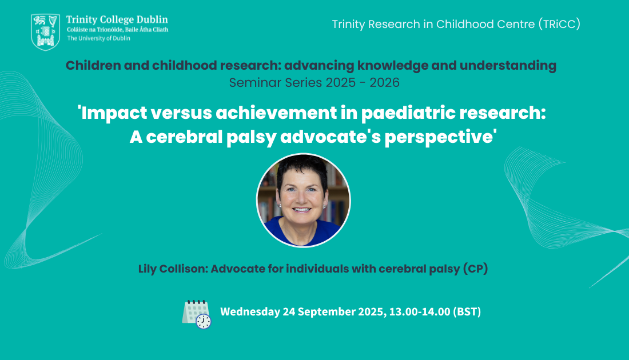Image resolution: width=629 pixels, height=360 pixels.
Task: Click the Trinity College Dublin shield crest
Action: click(45, 32)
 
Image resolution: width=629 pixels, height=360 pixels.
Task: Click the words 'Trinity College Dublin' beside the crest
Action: click(117, 19)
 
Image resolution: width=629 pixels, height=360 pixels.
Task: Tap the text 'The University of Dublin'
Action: click(99, 38)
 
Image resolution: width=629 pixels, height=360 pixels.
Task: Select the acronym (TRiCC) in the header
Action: click(559, 24)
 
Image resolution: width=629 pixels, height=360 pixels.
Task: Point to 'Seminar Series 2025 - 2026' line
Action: click(314, 83)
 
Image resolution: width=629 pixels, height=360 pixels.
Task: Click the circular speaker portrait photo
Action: click(303, 201)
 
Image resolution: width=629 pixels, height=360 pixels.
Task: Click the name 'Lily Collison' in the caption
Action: click(173, 269)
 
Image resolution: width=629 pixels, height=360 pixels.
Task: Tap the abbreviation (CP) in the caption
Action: click(475, 269)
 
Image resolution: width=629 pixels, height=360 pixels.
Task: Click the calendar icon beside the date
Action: click(197, 314)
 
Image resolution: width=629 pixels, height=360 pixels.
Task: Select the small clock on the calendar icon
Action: click(204, 322)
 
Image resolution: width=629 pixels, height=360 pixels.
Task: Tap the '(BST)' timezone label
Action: click(467, 311)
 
